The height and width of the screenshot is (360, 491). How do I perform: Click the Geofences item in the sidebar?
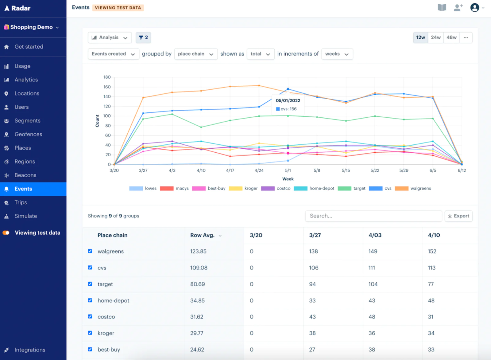28,134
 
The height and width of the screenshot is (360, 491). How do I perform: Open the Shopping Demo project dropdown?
31,27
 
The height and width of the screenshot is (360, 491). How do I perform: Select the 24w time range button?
435,37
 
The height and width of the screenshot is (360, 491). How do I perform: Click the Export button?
458,216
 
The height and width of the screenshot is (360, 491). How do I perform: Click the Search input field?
373,216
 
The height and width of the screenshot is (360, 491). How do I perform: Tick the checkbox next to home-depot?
90,300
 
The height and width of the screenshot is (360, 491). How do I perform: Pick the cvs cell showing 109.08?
199,268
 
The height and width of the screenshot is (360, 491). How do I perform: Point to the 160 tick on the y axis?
107,87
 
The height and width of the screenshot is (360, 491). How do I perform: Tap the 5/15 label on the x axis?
346,170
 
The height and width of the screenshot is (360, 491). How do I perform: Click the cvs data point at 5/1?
288,89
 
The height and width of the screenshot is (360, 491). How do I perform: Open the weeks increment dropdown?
337,54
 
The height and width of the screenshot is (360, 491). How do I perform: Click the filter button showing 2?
143,37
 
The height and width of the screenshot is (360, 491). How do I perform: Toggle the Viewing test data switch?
6,233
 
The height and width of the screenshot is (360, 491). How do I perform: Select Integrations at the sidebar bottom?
29,350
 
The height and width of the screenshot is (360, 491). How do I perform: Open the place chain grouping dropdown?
195,54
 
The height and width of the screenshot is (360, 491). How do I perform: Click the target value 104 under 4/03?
373,284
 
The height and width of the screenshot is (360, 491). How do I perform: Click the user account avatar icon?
474,8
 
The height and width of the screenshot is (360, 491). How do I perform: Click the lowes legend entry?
143,188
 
